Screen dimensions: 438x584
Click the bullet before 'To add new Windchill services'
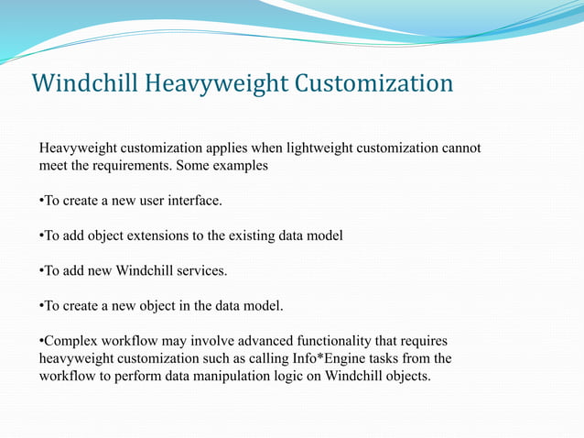click(x=41, y=271)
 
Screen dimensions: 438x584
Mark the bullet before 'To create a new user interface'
click(x=41, y=200)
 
